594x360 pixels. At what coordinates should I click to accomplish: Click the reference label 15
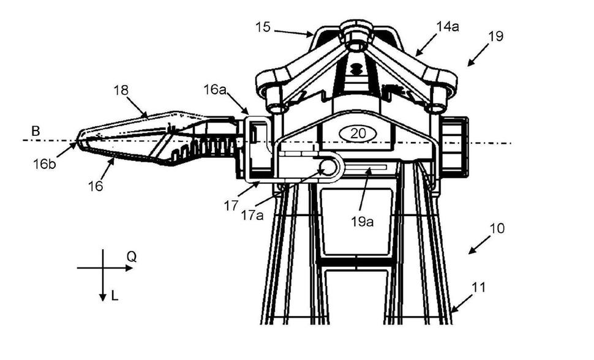click(x=262, y=28)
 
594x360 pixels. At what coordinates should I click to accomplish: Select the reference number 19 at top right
click(x=496, y=36)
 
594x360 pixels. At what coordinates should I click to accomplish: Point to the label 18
click(x=121, y=90)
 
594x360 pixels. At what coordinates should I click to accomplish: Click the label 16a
click(x=214, y=90)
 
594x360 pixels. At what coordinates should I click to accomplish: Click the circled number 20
click(x=356, y=133)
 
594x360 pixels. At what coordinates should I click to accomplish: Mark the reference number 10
click(x=497, y=229)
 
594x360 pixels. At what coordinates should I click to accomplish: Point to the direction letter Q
click(x=131, y=257)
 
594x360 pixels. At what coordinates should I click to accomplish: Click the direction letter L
click(x=115, y=298)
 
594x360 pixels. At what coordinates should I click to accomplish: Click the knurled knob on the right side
click(x=455, y=145)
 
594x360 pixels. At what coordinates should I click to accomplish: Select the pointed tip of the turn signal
click(x=78, y=143)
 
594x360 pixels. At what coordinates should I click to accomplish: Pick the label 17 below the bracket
click(x=231, y=206)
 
